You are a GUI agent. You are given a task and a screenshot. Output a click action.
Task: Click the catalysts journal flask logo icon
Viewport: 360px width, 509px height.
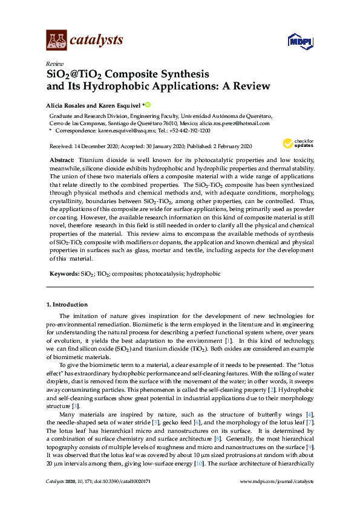(57, 41)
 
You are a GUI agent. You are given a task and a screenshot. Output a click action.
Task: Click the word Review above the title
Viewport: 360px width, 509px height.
(55, 63)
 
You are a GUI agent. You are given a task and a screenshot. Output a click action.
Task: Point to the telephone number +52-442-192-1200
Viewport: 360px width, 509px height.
(189, 130)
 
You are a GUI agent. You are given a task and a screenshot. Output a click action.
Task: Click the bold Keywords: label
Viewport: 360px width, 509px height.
(64, 274)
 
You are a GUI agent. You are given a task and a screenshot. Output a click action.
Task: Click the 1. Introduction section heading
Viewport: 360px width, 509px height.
(67, 304)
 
